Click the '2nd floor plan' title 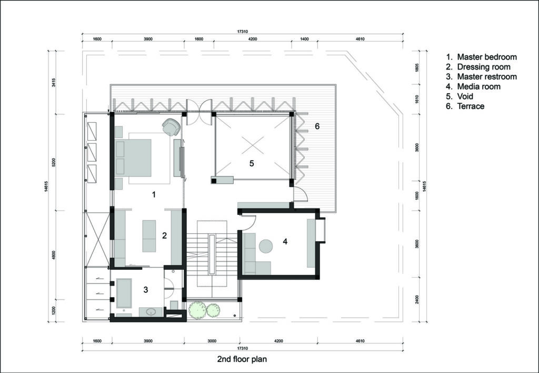(x=242, y=359)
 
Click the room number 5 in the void (x=252, y=163)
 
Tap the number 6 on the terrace (x=317, y=126)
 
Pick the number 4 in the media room (x=285, y=242)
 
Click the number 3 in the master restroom (x=146, y=290)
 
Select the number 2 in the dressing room (x=164, y=235)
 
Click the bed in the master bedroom (x=133, y=158)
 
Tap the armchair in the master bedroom (x=171, y=126)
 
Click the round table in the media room (x=266, y=247)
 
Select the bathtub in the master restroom (x=124, y=293)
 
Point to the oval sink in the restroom (x=151, y=312)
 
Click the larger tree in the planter (x=198, y=310)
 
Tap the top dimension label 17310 (x=242, y=31)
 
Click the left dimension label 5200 (x=54, y=163)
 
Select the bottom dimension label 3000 (x=212, y=341)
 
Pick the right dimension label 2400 (x=417, y=299)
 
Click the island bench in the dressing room (x=149, y=236)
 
